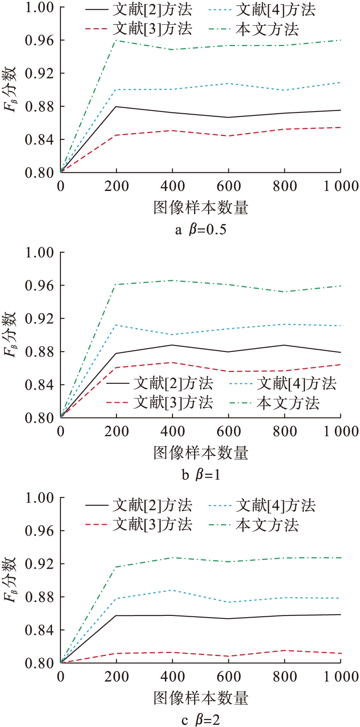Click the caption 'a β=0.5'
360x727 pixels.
point(201,229)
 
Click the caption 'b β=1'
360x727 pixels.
point(201,474)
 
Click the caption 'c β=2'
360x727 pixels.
point(201,720)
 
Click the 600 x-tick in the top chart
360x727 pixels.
point(228,186)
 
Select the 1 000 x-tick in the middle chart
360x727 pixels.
point(341,431)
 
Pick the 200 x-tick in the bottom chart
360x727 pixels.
point(116,677)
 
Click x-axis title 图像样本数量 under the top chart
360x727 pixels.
point(201,207)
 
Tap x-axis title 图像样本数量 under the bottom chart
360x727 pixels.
point(201,698)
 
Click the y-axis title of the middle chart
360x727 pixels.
point(10,334)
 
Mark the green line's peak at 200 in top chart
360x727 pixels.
point(116,40)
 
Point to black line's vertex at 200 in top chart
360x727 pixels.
point(116,106)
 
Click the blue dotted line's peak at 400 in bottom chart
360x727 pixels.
point(172,590)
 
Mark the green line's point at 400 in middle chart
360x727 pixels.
point(172,280)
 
